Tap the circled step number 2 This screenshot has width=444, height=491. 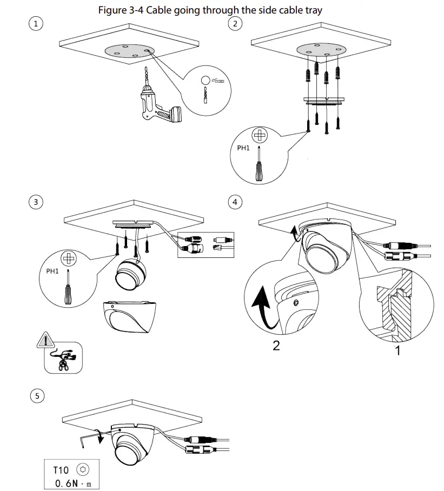coord(234,23)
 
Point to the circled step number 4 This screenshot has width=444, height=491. coord(234,202)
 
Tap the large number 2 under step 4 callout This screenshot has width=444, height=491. coord(276,345)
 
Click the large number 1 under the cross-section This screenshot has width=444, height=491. coord(398,351)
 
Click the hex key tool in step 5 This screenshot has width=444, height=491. coord(87,439)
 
